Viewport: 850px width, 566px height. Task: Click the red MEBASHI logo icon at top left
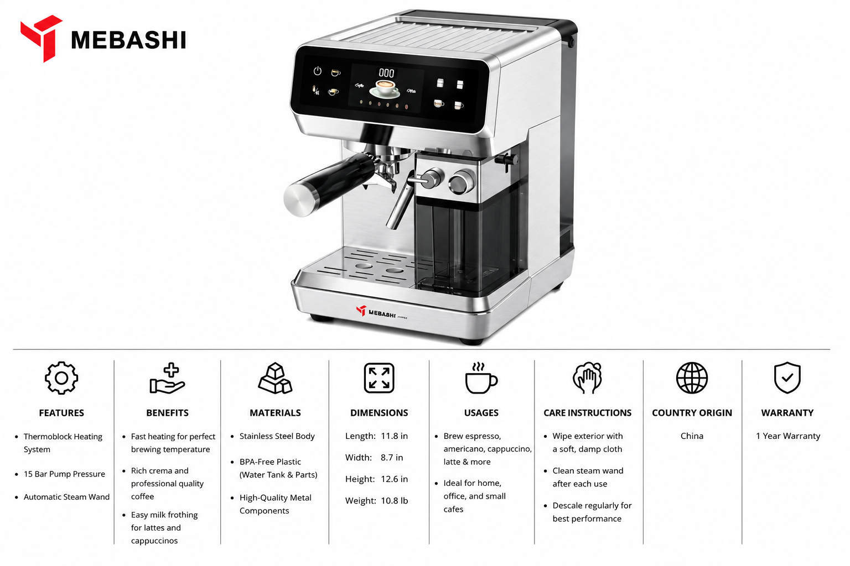click(42, 38)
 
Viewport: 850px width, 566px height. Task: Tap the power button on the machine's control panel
click(317, 71)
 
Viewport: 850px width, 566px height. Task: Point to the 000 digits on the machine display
click(386, 73)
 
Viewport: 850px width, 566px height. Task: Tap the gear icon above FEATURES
click(61, 378)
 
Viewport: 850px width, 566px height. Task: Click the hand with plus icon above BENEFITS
click(167, 378)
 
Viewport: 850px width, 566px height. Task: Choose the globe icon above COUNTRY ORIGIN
click(692, 378)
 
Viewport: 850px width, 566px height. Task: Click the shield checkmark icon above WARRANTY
click(787, 378)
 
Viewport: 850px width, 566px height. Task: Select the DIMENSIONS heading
click(379, 413)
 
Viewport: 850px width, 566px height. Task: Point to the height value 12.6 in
click(394, 479)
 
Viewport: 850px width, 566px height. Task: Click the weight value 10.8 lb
click(394, 501)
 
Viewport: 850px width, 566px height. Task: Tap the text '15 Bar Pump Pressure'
click(64, 474)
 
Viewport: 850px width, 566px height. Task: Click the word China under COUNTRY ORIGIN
click(692, 436)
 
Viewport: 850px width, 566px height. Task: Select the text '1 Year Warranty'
click(788, 436)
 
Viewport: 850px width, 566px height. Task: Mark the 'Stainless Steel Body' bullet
click(277, 436)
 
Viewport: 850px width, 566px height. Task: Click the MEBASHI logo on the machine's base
click(381, 312)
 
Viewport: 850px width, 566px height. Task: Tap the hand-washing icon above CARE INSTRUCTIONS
click(587, 378)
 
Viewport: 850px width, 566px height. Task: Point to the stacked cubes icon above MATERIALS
click(275, 378)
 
